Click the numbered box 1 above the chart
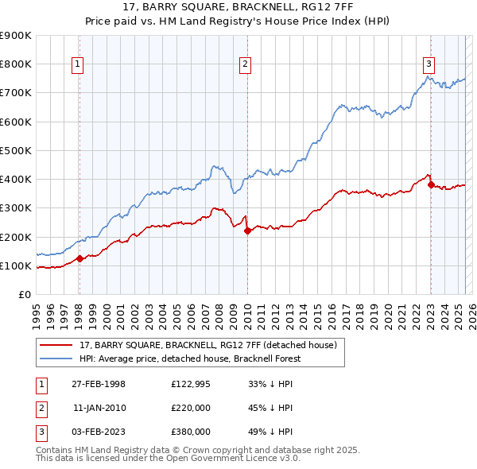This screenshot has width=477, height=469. coord(79,65)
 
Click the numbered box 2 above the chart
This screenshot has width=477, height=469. coord(246,65)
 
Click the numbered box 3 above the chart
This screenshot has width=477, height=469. coord(429,65)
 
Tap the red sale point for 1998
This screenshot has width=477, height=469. coord(80,258)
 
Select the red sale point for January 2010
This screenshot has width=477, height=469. coord(247,231)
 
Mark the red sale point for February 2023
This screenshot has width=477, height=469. coord(431,185)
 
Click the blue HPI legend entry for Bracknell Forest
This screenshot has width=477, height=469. coord(199,359)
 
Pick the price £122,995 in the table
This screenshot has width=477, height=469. coord(190,384)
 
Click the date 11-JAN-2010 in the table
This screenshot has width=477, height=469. coord(99,408)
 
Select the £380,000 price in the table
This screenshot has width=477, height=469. coord(190,432)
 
